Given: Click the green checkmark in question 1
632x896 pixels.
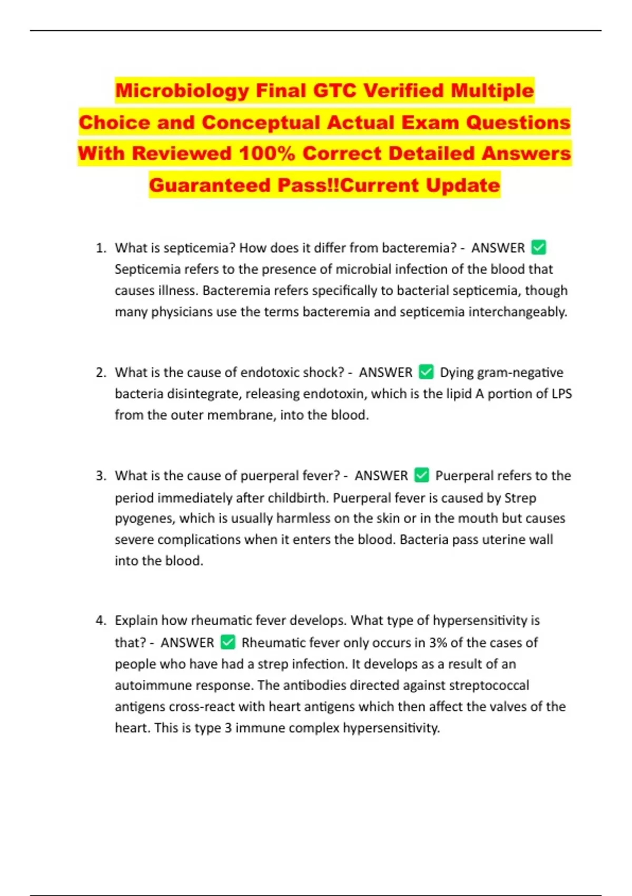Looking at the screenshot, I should (539, 247).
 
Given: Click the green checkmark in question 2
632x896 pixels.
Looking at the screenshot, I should (426, 372).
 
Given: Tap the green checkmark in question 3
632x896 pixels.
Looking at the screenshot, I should (422, 475).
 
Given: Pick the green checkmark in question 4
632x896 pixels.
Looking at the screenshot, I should (228, 642).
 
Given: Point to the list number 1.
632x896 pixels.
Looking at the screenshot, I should (101, 248).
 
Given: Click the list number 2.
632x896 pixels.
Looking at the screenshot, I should (101, 373).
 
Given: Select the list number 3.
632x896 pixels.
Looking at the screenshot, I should (101, 476).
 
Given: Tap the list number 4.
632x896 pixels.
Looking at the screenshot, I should (101, 620).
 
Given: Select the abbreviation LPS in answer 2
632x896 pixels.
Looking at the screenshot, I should (561, 394).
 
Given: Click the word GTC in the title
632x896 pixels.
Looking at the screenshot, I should (335, 91).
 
